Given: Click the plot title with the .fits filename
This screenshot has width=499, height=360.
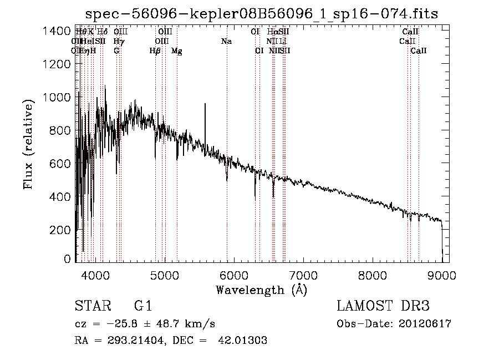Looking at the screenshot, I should pyautogui.click(x=262, y=14).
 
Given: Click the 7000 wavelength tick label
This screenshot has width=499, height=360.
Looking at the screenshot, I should pyautogui.click(x=303, y=273).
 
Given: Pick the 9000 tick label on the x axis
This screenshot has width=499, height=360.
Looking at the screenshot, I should pyautogui.click(x=442, y=273).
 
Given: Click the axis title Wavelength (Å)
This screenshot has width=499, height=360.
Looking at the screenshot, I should pyautogui.click(x=262, y=290).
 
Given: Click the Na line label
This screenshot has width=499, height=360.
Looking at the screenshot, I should pyautogui.click(x=226, y=41).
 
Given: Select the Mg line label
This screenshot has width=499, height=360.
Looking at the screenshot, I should pyautogui.click(x=177, y=51).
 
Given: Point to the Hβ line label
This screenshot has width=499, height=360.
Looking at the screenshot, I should pyautogui.click(x=155, y=51).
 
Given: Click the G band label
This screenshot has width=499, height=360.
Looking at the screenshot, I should pyautogui.click(x=116, y=51).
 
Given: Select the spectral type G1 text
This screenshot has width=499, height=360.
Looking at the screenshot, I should pyautogui.click(x=143, y=306).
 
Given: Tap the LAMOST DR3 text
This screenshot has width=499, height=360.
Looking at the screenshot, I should pyautogui.click(x=383, y=306).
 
